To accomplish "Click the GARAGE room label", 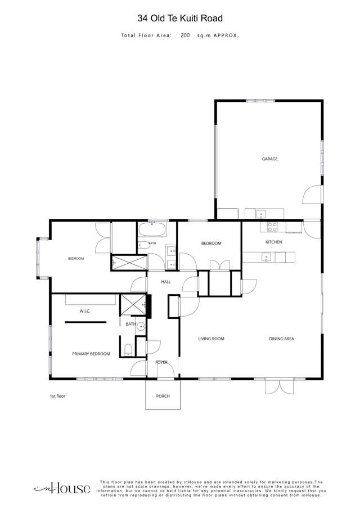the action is [270, 159].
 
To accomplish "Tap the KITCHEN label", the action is [273, 242].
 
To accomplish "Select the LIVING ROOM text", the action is [211, 339].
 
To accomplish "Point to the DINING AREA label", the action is [281, 339].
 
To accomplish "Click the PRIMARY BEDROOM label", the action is [91, 354].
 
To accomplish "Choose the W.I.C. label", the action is [85, 312].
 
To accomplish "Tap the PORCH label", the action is [163, 396].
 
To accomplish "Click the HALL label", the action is [166, 282].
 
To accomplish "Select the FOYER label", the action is [161, 362].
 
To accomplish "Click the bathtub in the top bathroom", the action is [152, 230].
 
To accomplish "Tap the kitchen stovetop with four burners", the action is [272, 227].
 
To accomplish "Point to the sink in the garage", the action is [260, 214].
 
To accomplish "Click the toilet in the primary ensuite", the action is [128, 350].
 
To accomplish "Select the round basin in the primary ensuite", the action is [141, 327].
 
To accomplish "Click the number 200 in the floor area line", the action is [185, 35].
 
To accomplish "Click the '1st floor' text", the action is [57, 396].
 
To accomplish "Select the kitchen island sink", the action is [266, 258].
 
